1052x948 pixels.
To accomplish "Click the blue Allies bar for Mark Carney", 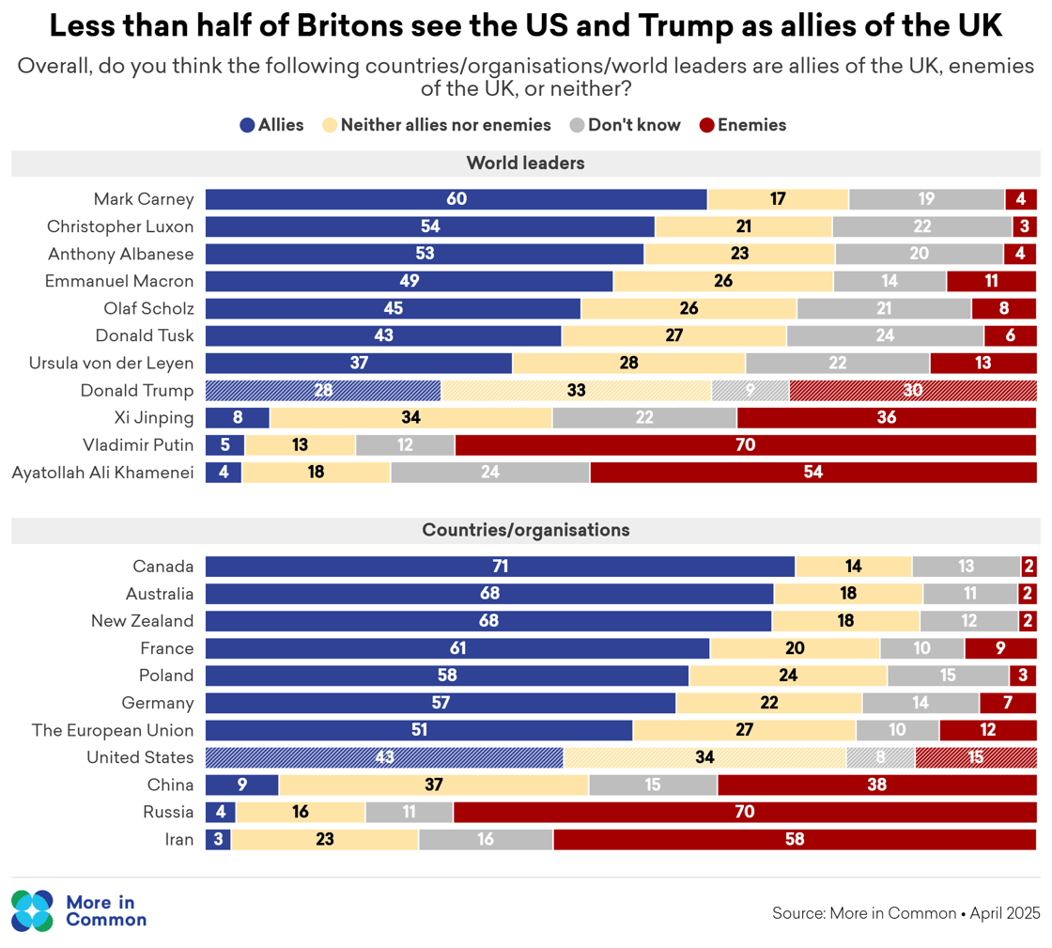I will (456, 199).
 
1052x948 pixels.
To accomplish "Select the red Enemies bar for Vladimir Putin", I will (745, 445).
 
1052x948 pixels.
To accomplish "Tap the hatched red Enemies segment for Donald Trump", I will (912, 391).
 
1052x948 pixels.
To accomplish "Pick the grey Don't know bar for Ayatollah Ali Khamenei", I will (489, 473).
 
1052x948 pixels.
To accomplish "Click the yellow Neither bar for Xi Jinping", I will (410, 418).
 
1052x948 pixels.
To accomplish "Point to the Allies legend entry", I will (271, 125).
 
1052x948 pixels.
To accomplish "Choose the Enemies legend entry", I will (743, 125).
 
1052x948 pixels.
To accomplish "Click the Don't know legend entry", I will (625, 125).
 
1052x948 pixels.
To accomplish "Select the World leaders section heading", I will (525, 163).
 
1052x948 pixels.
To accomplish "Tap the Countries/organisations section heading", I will (525, 531).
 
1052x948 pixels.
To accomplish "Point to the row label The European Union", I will (113, 730).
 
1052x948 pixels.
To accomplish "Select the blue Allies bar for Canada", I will (500, 567).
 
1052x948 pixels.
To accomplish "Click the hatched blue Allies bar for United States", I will (384, 757).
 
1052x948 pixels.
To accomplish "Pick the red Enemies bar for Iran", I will (795, 840).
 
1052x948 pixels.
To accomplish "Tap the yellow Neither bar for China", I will (433, 785).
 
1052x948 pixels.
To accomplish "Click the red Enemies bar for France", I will (1000, 648).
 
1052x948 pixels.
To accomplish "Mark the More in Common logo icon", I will (33, 910).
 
